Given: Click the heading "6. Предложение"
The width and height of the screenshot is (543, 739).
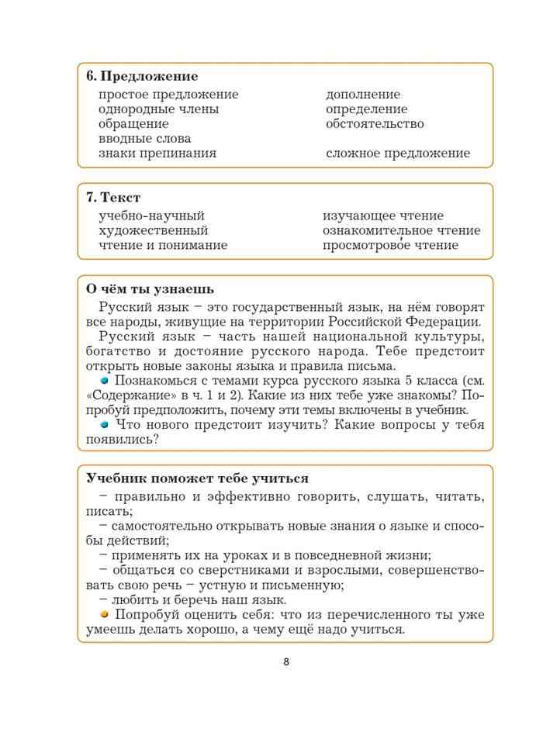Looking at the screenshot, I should (142, 76).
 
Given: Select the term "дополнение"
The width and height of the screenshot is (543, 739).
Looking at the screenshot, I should (363, 95).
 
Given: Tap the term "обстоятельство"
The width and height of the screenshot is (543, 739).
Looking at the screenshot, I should (375, 124).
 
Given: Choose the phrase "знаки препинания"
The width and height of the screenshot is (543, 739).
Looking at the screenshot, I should (157, 154).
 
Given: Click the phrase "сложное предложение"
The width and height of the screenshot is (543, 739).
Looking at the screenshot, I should (398, 154).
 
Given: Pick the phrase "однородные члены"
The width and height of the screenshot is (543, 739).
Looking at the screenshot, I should (159, 109).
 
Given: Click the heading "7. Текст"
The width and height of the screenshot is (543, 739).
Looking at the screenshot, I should (113, 198).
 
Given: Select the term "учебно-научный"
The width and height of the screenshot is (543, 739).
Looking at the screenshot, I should (152, 216).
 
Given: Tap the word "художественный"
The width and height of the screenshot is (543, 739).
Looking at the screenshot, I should (154, 231).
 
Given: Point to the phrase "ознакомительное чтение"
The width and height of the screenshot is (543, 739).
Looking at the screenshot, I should (401, 231).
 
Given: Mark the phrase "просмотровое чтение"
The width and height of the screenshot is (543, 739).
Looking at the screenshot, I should (390, 246).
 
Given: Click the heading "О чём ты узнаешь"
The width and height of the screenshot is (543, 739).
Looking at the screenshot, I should (150, 289).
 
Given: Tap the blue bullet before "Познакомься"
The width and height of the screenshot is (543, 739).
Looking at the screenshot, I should (104, 381).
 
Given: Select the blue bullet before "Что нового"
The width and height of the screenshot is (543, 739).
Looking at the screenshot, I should (104, 425).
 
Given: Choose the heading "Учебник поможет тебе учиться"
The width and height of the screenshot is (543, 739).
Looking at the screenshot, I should (198, 478).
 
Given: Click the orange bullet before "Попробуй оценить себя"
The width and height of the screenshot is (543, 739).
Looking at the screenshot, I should (104, 614).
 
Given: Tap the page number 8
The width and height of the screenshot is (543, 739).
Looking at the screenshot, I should (286, 661).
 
